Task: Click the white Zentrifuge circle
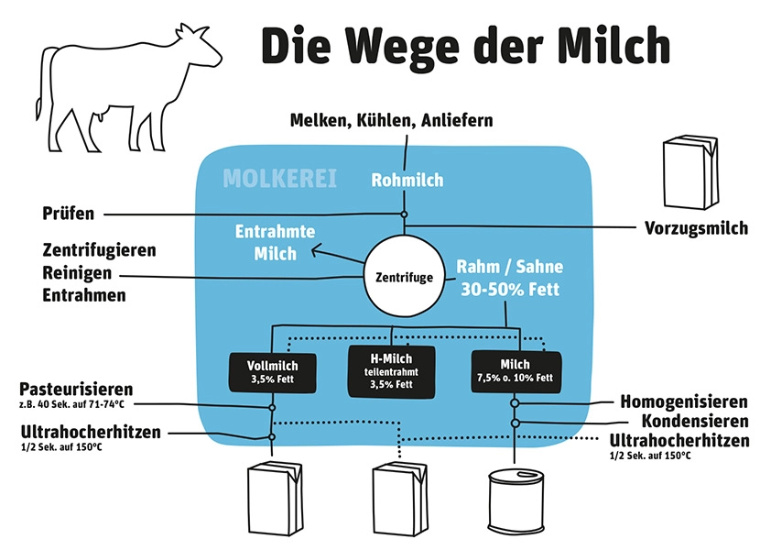coord(404,277)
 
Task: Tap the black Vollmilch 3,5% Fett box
coord(272,373)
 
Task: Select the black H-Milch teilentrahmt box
coord(392,371)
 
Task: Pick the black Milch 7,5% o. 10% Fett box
coord(516,371)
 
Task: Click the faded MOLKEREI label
coord(279,179)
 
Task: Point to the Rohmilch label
coord(407,180)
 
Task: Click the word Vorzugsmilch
coord(696,228)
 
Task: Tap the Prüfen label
coord(69,214)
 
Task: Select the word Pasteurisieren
coord(76,390)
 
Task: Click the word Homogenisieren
coord(684,401)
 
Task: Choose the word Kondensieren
coord(695,421)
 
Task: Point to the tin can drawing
coord(516,501)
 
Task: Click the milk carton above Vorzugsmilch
coord(690,172)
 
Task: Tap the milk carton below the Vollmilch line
coord(275,499)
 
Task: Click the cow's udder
coord(102,115)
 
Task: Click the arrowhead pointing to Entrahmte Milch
coord(316,251)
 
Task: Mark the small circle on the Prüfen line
coord(404,214)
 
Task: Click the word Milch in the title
coord(613,46)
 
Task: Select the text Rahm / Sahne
coord(510,267)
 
